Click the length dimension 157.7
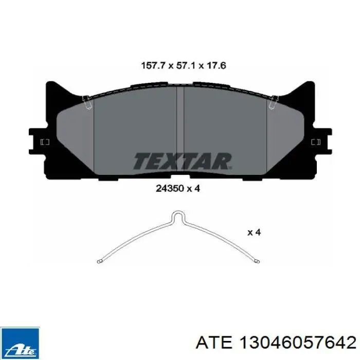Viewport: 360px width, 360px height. (153, 65)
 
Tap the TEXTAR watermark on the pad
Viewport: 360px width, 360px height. (183, 161)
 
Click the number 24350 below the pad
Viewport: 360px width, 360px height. (170, 189)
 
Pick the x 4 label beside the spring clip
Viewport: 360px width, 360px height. (254, 232)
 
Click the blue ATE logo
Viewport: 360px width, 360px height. (20, 343)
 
